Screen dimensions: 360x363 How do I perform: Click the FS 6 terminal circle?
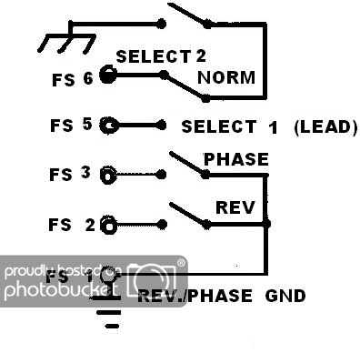coord(108,76)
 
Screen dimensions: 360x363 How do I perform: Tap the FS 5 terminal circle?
coord(109,126)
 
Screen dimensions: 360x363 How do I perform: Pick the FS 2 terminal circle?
coord(109,224)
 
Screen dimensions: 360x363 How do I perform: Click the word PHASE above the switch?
coord(235,159)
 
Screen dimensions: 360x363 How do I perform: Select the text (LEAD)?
coord(325,126)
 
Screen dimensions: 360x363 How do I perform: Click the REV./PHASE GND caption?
coord(221,296)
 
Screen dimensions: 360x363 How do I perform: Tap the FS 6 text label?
coord(72,79)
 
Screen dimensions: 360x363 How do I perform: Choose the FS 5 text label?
coord(72,126)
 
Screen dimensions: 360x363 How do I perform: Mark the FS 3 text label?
coord(72,173)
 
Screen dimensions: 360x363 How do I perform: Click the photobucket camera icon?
coord(155,278)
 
